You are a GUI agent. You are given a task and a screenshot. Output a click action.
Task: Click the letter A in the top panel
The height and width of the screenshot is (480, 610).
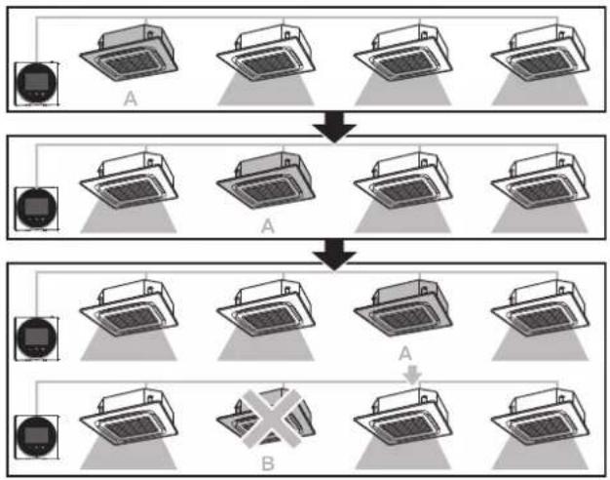(x=131, y=99)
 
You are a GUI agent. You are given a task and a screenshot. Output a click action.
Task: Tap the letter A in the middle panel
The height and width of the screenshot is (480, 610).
(x=268, y=226)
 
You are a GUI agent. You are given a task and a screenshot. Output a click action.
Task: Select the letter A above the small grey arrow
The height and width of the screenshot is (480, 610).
(x=405, y=354)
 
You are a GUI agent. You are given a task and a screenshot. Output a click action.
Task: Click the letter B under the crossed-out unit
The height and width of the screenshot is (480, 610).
(x=268, y=463)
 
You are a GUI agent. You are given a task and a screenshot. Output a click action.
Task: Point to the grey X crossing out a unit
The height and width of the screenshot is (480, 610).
(x=271, y=419)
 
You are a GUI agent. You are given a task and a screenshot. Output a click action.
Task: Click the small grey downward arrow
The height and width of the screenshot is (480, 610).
(x=412, y=375)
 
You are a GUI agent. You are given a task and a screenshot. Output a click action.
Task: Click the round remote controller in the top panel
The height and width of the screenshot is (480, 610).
(x=37, y=83)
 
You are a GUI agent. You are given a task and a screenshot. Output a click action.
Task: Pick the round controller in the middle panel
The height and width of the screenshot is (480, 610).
(x=37, y=209)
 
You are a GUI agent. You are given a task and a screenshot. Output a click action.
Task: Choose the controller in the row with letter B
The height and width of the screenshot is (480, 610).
(x=37, y=436)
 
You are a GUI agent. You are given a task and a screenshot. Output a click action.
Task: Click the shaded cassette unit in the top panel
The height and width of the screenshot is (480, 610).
(x=130, y=54)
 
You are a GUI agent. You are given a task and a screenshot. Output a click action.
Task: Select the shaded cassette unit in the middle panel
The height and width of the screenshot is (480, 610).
(x=266, y=180)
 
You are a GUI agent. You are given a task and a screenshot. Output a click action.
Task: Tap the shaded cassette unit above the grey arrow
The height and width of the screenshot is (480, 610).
(x=403, y=308)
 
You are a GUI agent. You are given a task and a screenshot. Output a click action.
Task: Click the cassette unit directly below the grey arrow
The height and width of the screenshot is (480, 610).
(x=403, y=418)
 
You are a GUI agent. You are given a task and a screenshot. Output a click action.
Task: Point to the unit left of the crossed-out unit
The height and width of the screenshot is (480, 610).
(x=130, y=418)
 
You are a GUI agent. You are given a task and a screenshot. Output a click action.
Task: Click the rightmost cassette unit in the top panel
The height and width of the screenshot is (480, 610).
(x=541, y=54)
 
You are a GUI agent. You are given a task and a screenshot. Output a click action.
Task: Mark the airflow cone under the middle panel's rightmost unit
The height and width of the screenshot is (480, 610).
(x=540, y=219)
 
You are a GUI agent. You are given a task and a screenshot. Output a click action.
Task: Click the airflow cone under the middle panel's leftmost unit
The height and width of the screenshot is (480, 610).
(x=129, y=219)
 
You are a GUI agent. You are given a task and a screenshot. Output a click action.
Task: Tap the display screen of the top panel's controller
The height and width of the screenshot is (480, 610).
(x=37, y=81)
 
